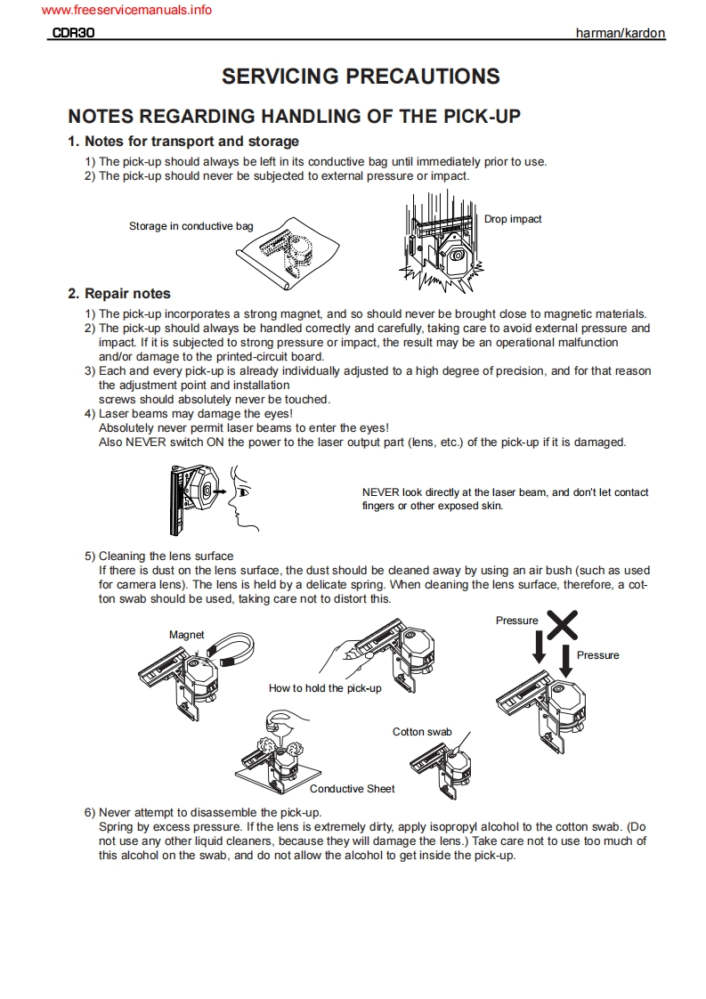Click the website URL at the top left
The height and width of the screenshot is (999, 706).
point(126,11)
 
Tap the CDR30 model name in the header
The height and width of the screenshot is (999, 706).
point(73,33)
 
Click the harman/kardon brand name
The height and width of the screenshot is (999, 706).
point(621,33)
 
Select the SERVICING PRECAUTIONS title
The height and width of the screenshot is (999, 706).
point(361,77)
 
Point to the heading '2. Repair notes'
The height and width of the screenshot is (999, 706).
point(119,294)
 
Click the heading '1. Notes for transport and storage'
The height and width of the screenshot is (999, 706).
point(183,142)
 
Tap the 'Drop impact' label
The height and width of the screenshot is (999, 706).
point(513,219)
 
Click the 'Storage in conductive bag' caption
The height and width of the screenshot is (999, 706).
point(191,226)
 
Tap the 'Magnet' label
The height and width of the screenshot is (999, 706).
point(186,635)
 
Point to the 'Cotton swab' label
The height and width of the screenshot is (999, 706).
point(422,732)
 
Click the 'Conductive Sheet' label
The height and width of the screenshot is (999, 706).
point(352,789)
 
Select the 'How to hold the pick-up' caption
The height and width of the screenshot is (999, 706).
point(325,688)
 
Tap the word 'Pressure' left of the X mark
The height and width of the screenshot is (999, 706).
point(516,621)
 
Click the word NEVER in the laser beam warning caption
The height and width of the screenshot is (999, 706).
point(380,492)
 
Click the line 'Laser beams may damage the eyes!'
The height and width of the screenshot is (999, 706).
point(195,414)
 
